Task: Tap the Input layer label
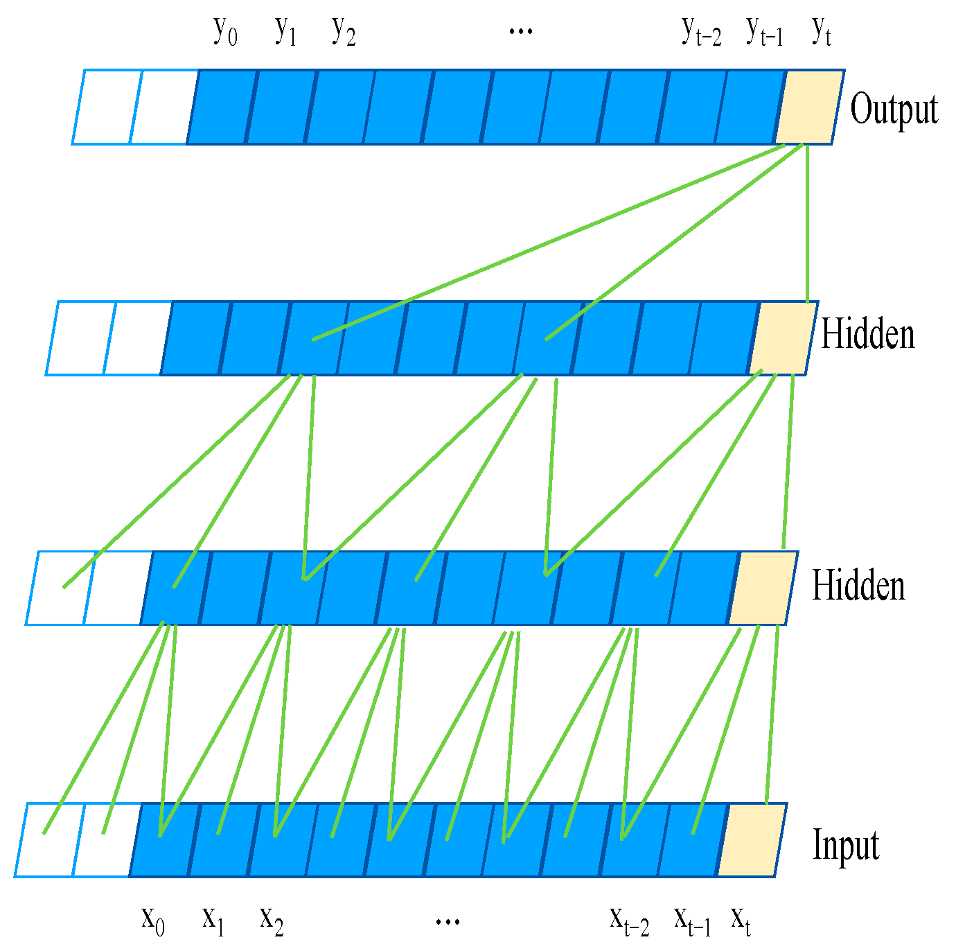pos(846,846)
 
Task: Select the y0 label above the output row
pos(225,31)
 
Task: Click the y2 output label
pos(344,31)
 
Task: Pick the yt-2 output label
pos(701,31)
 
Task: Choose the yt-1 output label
pos(765,31)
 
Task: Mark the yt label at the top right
pos(821,31)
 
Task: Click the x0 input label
pos(153,920)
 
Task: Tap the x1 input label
pos(213,920)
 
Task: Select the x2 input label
pos(272,920)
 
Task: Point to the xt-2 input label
pos(629,920)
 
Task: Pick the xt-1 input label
pos(693,920)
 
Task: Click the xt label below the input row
pos(741,920)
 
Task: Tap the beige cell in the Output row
pos(809,107)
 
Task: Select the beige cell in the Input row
pos(752,840)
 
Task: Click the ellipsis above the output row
pos(520,31)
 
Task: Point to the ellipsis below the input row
pos(448,921)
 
